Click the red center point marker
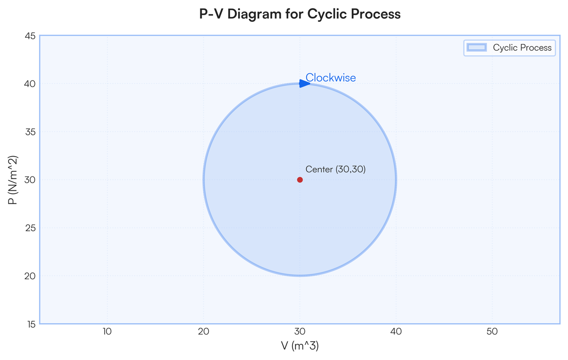pyautogui.click(x=300, y=180)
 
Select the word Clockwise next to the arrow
pyautogui.click(x=330, y=78)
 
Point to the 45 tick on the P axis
pyautogui.click(x=31, y=35)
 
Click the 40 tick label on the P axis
pyautogui.click(x=31, y=84)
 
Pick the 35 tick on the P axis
pyautogui.click(x=31, y=132)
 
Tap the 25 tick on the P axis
pyautogui.click(x=31, y=228)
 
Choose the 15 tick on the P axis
pyautogui.click(x=31, y=324)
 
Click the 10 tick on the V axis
pyautogui.click(x=107, y=332)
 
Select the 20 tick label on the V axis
pyautogui.click(x=204, y=332)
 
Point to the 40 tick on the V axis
pyautogui.click(x=396, y=332)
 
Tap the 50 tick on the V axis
pyautogui.click(x=492, y=332)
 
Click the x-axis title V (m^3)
pyautogui.click(x=300, y=346)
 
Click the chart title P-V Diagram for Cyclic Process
pyautogui.click(x=300, y=14)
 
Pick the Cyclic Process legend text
pyautogui.click(x=522, y=48)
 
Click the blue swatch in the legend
pyautogui.click(x=477, y=47)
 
